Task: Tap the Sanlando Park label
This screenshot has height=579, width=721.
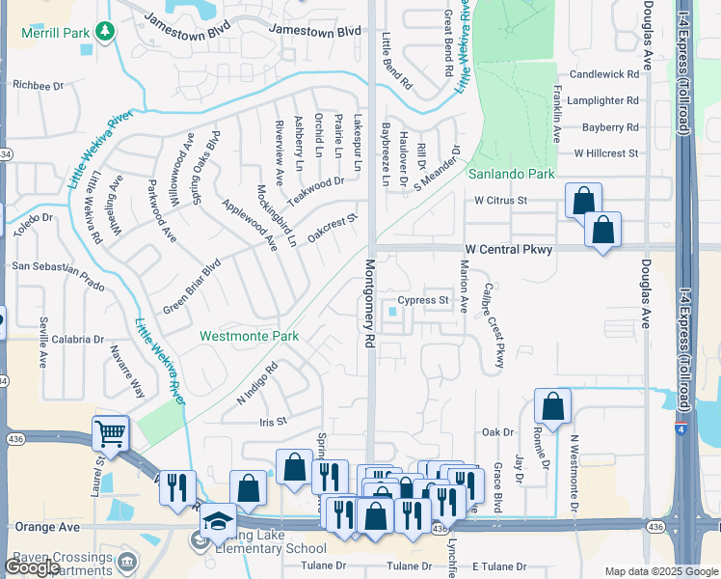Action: [x=512, y=175]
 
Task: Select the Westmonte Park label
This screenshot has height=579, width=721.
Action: [x=249, y=337]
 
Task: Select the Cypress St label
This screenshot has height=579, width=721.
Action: [x=424, y=300]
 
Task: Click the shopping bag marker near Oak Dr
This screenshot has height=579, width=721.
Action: [x=552, y=406]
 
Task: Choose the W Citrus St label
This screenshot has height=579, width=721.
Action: [x=501, y=201]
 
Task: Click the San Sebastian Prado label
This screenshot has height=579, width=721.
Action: [x=57, y=265]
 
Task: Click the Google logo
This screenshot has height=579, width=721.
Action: [x=32, y=566]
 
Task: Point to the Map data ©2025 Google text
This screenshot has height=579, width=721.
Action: [x=660, y=571]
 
